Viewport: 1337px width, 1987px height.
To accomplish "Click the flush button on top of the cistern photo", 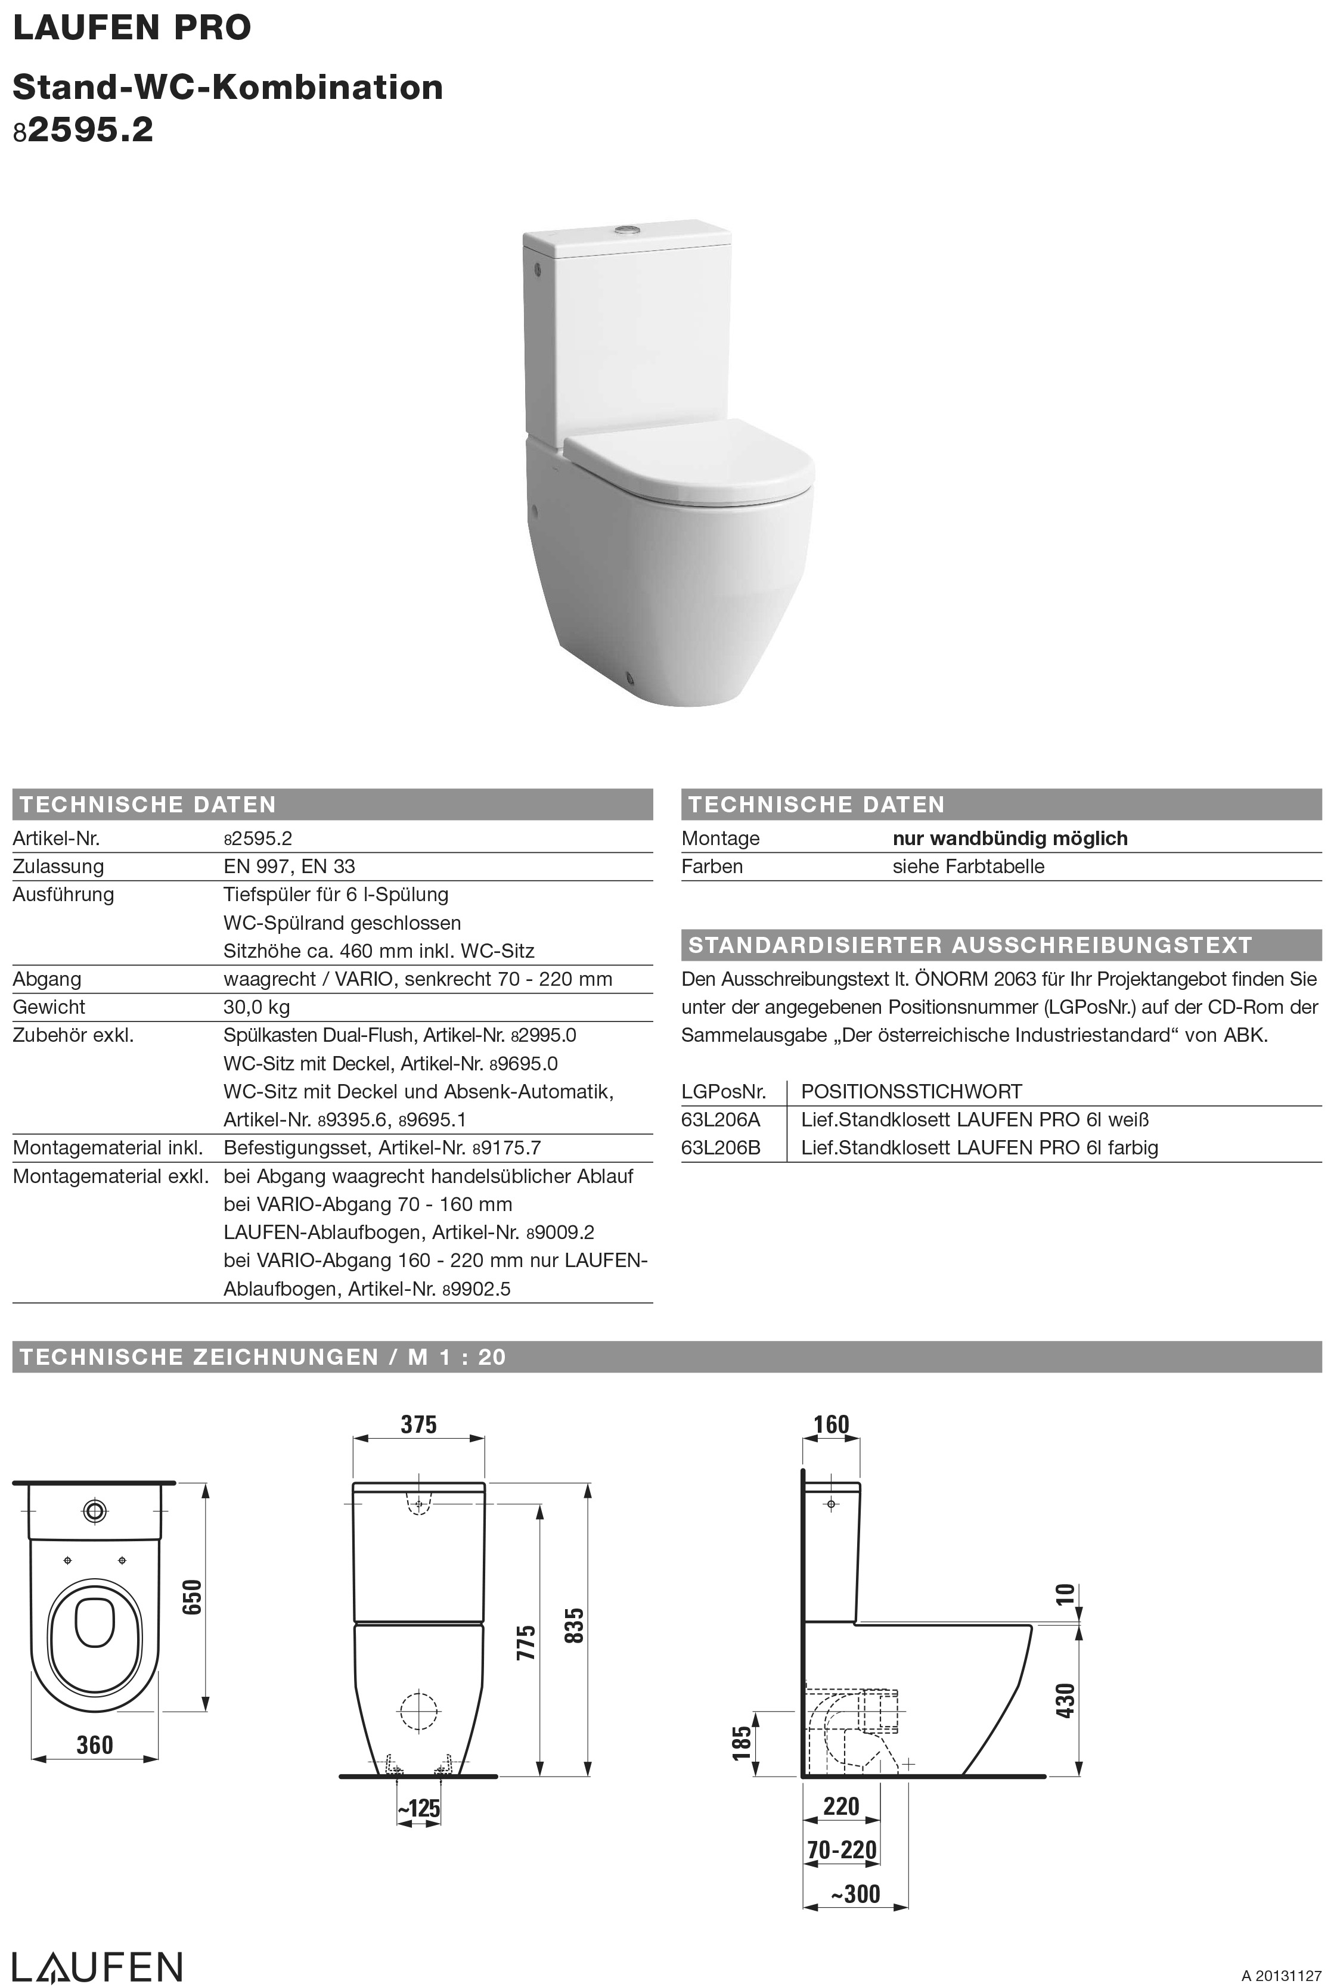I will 628,229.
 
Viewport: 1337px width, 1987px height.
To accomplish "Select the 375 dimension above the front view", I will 418,1424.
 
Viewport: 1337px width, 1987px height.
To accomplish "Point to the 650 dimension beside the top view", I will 192,1597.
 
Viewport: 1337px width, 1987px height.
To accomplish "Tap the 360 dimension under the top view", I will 95,1745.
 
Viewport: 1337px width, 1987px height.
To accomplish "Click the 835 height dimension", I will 576,1626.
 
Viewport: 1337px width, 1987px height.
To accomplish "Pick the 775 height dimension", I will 527,1643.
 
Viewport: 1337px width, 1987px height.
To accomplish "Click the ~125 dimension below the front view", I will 418,1808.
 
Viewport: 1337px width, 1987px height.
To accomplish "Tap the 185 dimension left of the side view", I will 742,1743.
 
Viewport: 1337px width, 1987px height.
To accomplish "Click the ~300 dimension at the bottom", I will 855,1893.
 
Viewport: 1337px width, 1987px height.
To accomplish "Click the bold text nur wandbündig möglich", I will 1010,838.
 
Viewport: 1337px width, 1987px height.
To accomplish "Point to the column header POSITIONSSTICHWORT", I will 911,1091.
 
